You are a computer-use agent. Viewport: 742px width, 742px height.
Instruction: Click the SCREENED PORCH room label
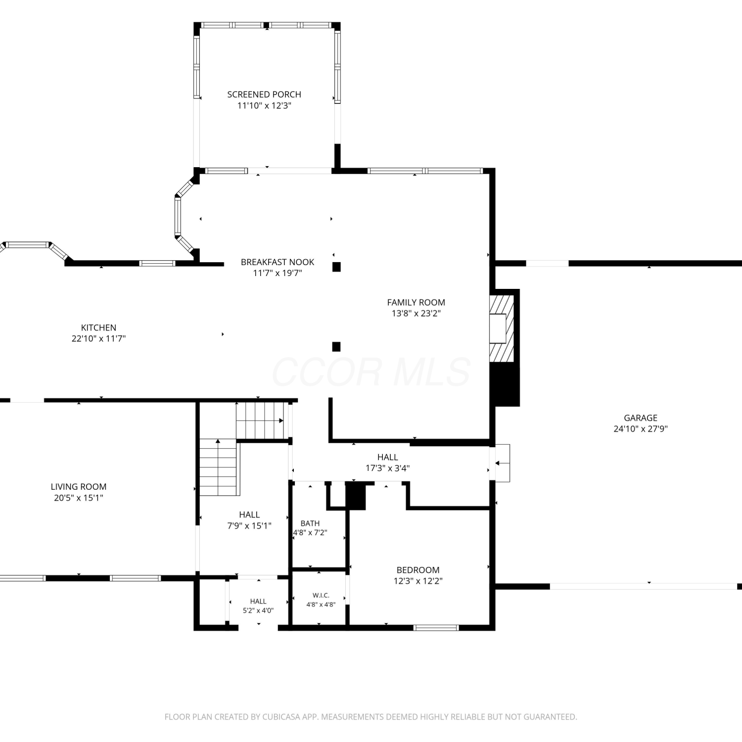tap(264, 94)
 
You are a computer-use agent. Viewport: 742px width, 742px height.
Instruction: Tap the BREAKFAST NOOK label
tap(278, 262)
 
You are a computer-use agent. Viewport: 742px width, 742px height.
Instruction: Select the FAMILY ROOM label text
tap(416, 302)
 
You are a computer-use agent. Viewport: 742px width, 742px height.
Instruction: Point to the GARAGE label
tap(641, 418)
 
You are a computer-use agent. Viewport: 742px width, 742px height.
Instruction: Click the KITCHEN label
tap(99, 327)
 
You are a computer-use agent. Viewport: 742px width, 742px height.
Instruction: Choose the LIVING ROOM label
tap(79, 487)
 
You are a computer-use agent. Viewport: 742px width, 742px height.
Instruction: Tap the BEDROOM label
tap(418, 570)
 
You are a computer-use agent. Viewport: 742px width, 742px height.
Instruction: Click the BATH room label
tap(310, 523)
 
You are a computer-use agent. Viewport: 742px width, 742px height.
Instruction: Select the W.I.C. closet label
tap(321, 596)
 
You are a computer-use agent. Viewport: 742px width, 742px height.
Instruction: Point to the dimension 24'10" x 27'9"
tap(641, 429)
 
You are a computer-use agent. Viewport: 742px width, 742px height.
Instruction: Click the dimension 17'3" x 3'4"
tap(388, 468)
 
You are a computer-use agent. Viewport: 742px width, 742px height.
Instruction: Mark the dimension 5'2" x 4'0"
tap(258, 610)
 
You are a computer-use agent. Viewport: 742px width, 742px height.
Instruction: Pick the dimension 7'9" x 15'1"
tap(249, 526)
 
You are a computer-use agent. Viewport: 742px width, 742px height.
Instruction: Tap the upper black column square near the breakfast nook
tap(336, 267)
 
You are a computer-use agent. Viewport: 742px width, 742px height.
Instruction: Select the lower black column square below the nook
tap(336, 346)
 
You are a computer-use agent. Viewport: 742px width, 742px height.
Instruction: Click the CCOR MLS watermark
tap(371, 372)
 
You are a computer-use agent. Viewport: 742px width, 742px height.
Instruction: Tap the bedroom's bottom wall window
tap(436, 628)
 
